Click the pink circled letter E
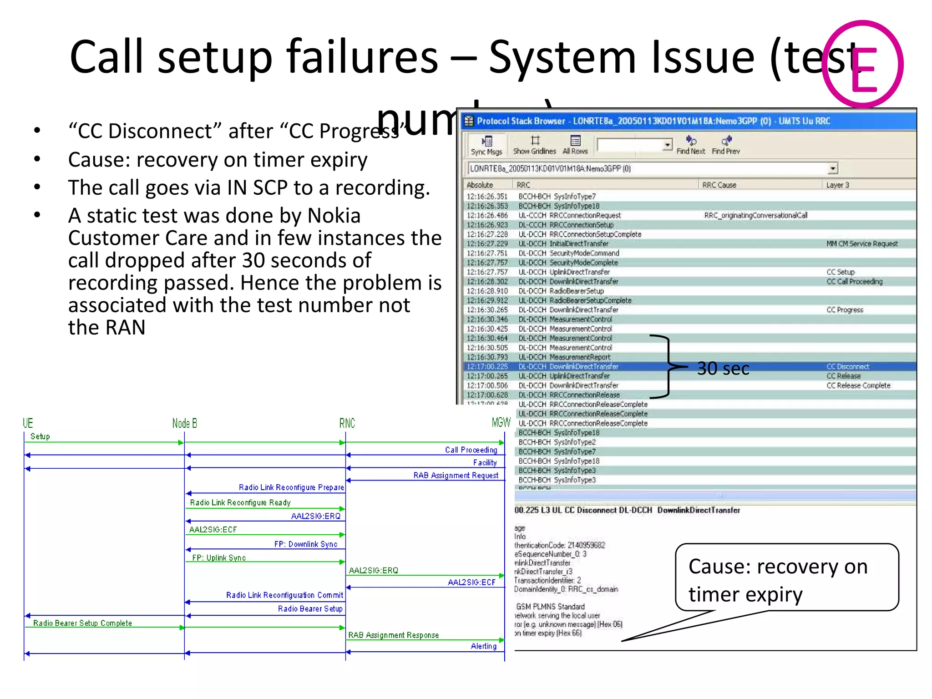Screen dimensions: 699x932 coord(863,64)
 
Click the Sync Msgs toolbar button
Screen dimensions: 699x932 coord(486,145)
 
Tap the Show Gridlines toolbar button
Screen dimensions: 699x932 coord(534,145)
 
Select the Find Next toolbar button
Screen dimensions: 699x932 coord(690,145)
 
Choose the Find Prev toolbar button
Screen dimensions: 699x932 coord(726,145)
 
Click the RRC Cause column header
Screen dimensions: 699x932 coord(719,185)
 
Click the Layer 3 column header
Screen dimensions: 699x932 coord(837,185)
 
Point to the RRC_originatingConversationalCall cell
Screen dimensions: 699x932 coord(755,215)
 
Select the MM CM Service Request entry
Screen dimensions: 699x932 coord(862,244)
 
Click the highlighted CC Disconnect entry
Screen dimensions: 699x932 coord(848,366)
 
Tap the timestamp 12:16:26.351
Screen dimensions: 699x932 coord(486,197)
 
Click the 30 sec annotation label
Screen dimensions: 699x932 coord(723,369)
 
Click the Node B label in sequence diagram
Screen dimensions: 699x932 coord(184,423)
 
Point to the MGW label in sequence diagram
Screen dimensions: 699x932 coord(501,422)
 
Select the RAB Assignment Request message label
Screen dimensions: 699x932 coord(456,475)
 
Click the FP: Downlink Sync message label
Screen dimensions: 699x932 coord(305,544)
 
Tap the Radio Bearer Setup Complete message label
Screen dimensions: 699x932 coord(82,623)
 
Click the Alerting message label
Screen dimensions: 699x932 coord(483,646)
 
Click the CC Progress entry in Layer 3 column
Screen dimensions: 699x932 coord(845,310)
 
